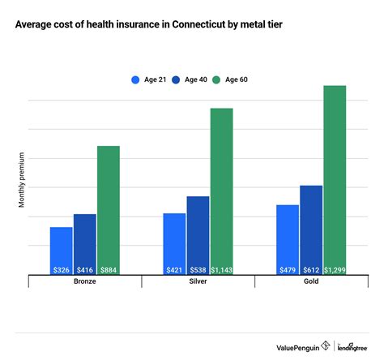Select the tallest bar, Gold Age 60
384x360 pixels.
(x=335, y=179)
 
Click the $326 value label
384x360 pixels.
(x=61, y=270)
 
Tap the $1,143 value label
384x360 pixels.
(x=221, y=270)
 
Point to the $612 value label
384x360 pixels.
(x=311, y=270)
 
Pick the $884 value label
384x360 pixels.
(x=109, y=270)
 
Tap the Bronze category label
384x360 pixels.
(x=85, y=282)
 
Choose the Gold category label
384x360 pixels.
(x=311, y=282)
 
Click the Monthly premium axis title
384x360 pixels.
(x=22, y=179)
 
